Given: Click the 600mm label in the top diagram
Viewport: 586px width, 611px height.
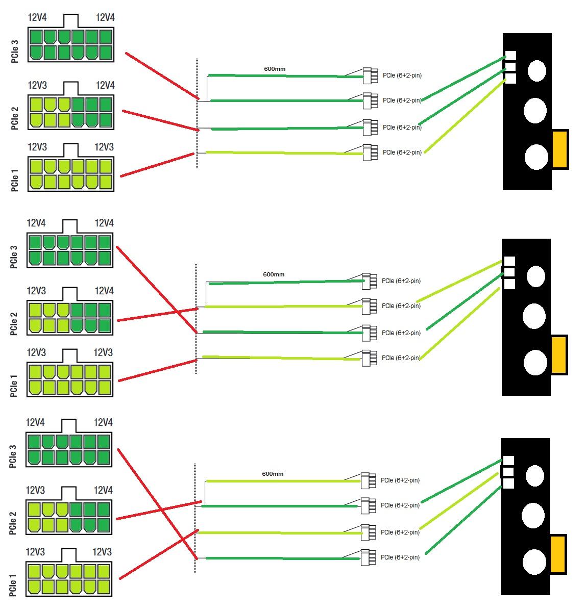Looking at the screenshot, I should click(x=274, y=69).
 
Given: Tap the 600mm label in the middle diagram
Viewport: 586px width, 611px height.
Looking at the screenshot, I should click(x=274, y=274).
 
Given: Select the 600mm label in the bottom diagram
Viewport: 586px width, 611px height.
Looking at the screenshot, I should click(x=273, y=474).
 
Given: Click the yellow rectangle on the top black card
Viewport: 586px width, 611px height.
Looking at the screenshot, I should click(x=560, y=149).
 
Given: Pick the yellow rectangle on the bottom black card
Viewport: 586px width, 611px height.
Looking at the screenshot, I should click(x=558, y=553).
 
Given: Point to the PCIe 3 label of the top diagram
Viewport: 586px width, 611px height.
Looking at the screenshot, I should click(x=15, y=52).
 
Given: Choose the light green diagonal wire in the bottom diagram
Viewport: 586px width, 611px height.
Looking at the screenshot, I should click(x=458, y=501).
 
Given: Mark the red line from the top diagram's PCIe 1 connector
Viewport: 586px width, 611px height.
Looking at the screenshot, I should click(x=157, y=164).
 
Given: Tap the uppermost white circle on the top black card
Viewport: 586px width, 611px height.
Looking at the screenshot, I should click(x=536, y=70).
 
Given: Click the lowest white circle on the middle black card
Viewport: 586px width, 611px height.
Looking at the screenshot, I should click(x=534, y=362).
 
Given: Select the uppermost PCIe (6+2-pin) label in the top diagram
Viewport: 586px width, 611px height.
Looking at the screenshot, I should click(x=402, y=75).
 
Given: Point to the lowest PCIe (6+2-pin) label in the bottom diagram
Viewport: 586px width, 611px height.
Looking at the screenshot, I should click(x=400, y=557).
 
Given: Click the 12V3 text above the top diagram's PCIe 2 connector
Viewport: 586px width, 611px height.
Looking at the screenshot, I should click(x=37, y=85).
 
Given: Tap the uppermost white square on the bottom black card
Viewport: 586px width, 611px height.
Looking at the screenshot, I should click(x=508, y=461).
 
